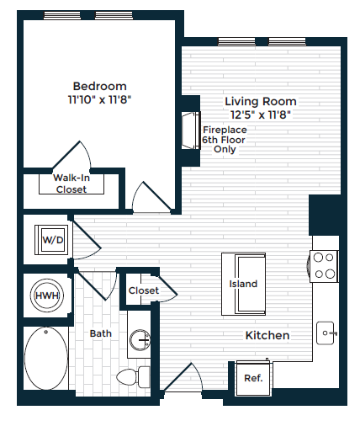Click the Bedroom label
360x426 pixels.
(99, 86)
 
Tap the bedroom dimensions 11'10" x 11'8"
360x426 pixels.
(99, 99)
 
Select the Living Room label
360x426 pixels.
(261, 101)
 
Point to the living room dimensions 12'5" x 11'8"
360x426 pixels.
(261, 114)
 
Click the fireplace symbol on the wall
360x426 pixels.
(191, 130)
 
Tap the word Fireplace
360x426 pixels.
(225, 130)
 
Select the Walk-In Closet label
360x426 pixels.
(71, 184)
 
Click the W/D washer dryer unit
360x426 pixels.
(51, 240)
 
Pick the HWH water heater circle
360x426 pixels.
(47, 296)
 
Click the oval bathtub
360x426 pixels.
(46, 359)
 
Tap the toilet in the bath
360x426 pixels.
(133, 377)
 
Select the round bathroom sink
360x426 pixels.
(140, 340)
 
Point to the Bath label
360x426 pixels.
(101, 333)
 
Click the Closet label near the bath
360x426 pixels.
(144, 290)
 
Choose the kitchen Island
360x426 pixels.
(243, 284)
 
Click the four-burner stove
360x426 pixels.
(324, 266)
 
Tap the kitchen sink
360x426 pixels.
(326, 333)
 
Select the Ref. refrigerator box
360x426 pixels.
(253, 378)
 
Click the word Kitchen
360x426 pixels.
(267, 335)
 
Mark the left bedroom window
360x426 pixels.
(62, 15)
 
